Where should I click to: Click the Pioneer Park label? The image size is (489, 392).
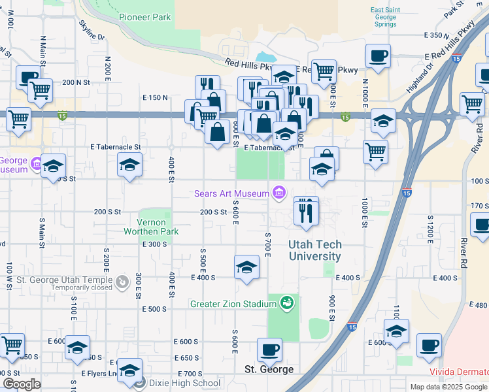[145, 17]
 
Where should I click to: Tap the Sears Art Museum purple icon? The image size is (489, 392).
[279, 193]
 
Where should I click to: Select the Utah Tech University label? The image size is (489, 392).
[314, 251]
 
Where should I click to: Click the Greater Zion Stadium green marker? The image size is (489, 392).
[286, 303]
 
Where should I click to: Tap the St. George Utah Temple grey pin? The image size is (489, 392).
[122, 282]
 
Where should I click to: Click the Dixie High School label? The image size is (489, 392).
[185, 383]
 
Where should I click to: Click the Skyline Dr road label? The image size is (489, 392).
[92, 29]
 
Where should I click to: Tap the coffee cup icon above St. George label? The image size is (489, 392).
[269, 350]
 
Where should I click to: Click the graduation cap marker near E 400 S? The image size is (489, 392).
[246, 267]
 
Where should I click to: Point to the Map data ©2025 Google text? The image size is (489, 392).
[447, 387]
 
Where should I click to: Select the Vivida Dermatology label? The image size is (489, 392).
[459, 371]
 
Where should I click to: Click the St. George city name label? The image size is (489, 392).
[269, 369]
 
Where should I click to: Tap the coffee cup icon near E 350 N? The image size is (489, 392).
[377, 56]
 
